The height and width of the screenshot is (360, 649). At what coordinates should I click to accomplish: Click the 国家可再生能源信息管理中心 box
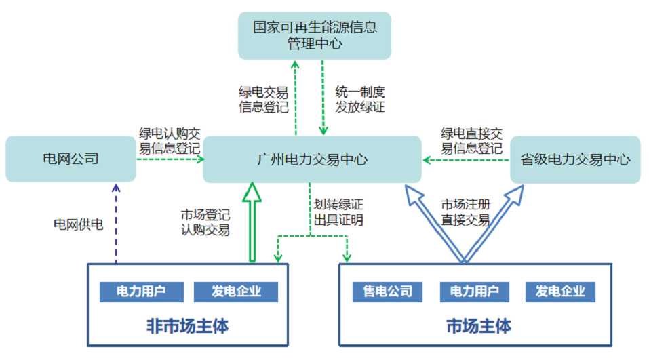coord(315,35)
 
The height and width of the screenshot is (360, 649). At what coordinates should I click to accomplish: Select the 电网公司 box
coord(71,159)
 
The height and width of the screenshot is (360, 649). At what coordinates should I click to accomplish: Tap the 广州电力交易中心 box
coord(312,159)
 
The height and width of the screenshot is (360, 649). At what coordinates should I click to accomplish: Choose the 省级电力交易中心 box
coord(575,159)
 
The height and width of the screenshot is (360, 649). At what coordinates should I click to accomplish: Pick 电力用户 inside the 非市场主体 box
coord(142,292)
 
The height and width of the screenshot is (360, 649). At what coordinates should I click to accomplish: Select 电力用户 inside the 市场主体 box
coord(474,292)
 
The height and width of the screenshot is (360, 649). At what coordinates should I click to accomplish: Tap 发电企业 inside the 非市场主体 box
coord(236,292)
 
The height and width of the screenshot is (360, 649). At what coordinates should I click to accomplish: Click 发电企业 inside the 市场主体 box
coord(560,292)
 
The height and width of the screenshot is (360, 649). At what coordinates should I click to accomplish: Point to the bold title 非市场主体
coord(188,326)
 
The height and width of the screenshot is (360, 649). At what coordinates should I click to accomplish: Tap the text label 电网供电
coord(78,224)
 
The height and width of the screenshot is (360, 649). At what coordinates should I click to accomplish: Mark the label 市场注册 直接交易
coord(465,212)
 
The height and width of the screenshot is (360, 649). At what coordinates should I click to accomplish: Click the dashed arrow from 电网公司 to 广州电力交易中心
coord(170,160)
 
